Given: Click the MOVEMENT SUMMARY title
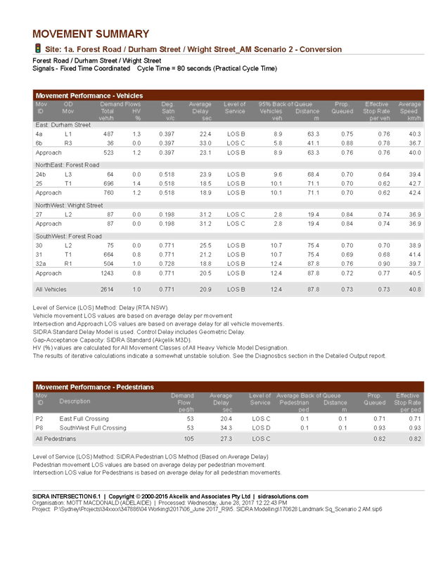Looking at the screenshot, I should (x=91, y=34).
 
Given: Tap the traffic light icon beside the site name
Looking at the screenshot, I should (x=37, y=49).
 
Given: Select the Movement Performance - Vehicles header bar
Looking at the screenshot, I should (x=229, y=95).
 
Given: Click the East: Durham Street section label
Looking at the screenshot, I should (x=63, y=124).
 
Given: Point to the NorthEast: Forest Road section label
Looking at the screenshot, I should (x=68, y=165).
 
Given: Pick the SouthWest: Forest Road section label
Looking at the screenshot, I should (x=68, y=236).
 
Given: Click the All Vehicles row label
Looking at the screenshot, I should (x=52, y=288).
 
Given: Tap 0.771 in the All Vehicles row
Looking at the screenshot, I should (x=166, y=288).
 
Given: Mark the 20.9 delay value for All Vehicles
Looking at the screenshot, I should (x=205, y=288).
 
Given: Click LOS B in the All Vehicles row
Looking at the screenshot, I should (x=235, y=288).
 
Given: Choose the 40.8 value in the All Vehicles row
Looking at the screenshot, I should (x=414, y=288).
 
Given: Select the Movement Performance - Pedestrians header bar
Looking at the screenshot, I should (x=229, y=387).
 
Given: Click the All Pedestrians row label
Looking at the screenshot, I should (x=58, y=439).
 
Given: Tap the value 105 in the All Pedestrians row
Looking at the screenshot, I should (x=188, y=439).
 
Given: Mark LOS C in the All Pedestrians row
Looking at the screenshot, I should (x=261, y=439).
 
